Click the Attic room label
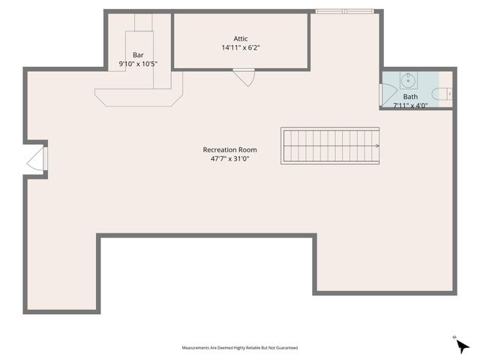241,39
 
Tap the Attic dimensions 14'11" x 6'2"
241,48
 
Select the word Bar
138,55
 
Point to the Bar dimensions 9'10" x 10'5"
138,64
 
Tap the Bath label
410,97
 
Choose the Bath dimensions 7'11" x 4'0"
410,106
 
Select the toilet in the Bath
445,94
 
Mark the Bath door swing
388,94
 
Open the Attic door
244,76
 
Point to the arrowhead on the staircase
376,146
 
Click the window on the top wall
344,11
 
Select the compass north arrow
462,345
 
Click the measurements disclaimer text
240,348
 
